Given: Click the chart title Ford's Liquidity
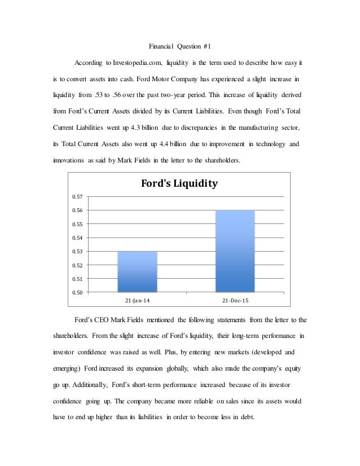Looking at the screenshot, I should tap(179, 184).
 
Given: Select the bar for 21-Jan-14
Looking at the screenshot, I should tap(138, 271).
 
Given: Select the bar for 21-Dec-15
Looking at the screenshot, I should tap(235, 251).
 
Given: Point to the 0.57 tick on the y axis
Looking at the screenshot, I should tap(77, 197).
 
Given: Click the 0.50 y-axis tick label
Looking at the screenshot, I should tap(77, 292).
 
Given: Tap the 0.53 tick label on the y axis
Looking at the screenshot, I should tap(77, 251).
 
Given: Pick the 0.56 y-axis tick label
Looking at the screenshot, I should tap(77, 210).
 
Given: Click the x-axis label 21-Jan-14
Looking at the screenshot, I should tap(138, 300).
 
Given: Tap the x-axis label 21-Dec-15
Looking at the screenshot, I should tap(235, 300).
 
